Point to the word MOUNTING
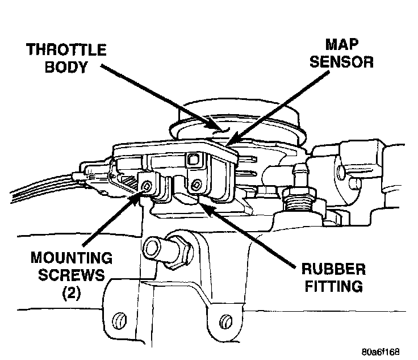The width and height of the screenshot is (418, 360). click(x=70, y=258)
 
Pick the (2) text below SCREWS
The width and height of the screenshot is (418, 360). click(x=70, y=294)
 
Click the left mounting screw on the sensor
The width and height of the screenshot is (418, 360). click(x=147, y=186)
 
